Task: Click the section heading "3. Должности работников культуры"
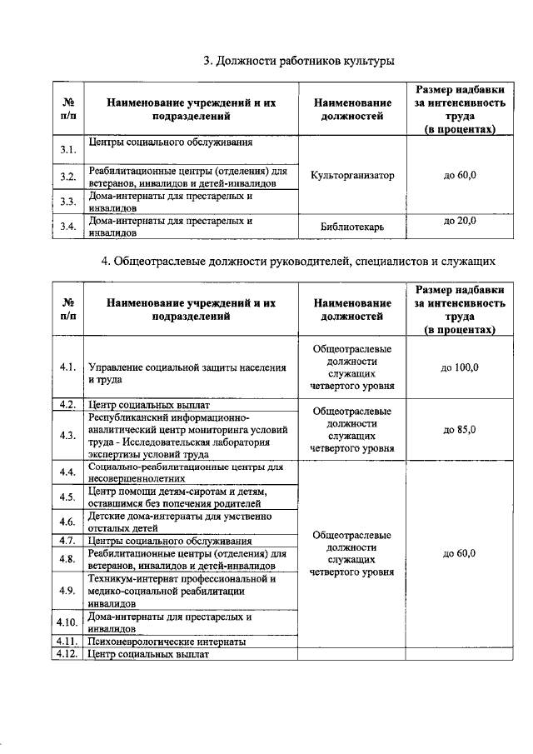click(x=299, y=61)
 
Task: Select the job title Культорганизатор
click(x=352, y=176)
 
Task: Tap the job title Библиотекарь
click(x=352, y=227)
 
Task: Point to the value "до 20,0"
click(x=460, y=221)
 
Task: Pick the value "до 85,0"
click(x=460, y=429)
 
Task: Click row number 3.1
click(x=68, y=150)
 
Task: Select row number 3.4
click(x=68, y=227)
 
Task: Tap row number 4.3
click(x=68, y=434)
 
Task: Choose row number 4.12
click(x=67, y=655)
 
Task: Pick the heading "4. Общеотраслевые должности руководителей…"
click(x=299, y=262)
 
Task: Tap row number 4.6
click(x=68, y=522)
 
